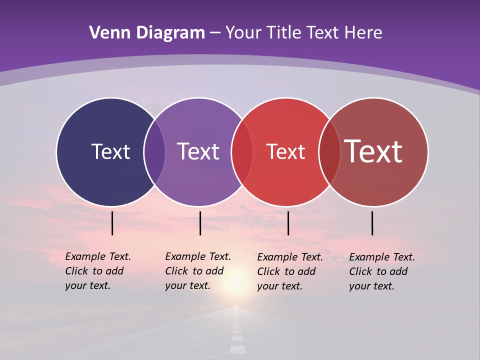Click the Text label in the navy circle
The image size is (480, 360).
point(110,151)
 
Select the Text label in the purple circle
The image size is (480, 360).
point(198,151)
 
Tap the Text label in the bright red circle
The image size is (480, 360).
point(285,152)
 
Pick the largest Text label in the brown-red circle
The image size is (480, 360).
point(373,151)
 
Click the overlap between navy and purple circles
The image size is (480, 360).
point(154,151)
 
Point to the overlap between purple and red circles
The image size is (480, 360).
point(242,151)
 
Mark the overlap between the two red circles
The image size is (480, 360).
point(329,151)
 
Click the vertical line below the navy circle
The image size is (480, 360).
point(112,223)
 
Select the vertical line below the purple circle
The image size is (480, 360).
point(200,223)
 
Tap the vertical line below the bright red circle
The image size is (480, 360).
point(288,223)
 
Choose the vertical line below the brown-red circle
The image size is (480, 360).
point(372,223)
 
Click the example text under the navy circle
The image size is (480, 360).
point(97,271)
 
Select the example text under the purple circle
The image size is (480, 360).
point(197,271)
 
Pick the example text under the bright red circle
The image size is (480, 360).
point(289,271)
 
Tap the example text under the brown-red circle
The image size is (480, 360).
point(381,271)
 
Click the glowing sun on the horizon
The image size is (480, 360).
point(235,282)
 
